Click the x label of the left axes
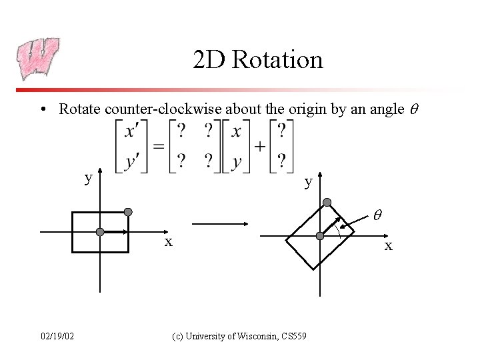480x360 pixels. [x=169, y=241]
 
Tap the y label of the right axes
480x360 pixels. [x=307, y=181]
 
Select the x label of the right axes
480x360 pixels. [x=389, y=246]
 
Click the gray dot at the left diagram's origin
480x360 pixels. [x=100, y=232]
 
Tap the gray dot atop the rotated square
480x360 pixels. [x=327, y=202]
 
